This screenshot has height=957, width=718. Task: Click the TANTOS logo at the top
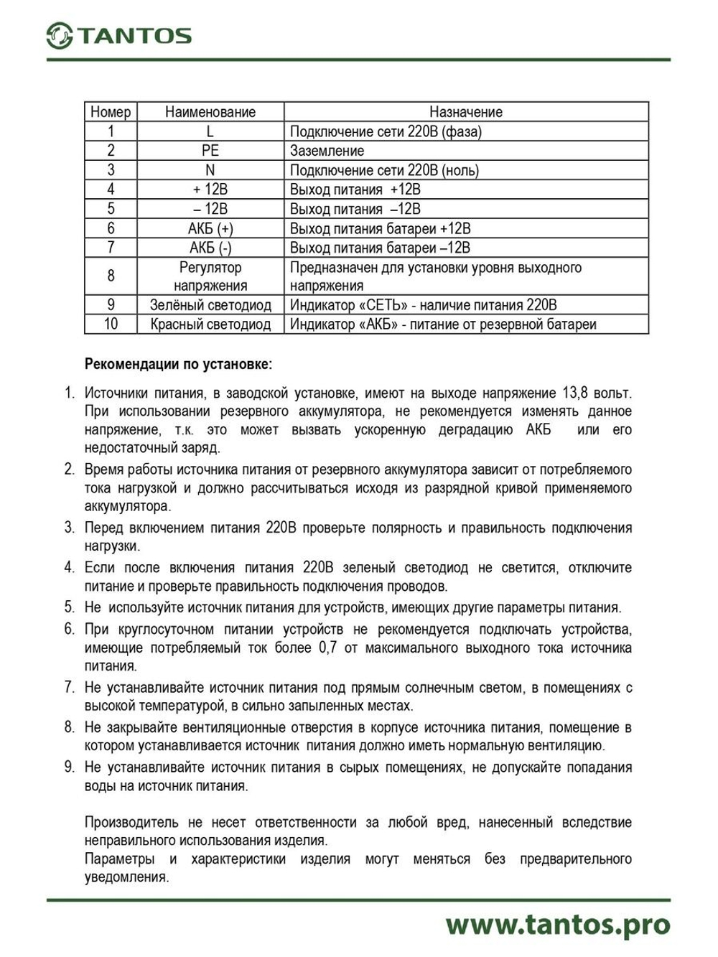[118, 35]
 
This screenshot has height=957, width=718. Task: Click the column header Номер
[111, 112]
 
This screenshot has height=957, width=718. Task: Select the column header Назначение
[465, 112]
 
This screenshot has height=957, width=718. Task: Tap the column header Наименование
[210, 112]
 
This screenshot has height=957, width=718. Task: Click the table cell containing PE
[210, 151]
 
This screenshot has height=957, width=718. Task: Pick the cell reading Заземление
[327, 151]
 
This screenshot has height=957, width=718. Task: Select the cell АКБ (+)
[210, 228]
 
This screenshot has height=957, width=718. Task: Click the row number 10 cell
[111, 324]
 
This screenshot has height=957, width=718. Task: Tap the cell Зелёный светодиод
[210, 304]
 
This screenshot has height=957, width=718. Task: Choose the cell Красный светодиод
[210, 324]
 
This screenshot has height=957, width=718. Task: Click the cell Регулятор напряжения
[210, 276]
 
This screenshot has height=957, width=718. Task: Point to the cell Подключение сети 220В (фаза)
[386, 131]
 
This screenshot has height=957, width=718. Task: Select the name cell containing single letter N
[210, 170]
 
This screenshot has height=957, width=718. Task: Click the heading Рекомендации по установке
[178, 364]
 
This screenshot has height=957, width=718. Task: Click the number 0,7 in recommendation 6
[328, 648]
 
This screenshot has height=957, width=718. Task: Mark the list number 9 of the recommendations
[69, 767]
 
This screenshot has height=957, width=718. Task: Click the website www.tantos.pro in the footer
[557, 925]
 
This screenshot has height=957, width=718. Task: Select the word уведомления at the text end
[126, 877]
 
